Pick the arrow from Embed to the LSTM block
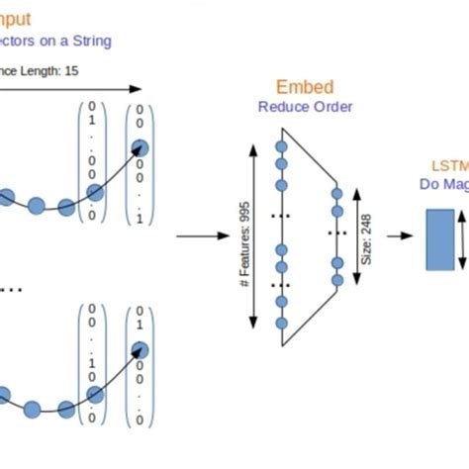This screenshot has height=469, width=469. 399,236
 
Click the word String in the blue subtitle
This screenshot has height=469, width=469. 87,41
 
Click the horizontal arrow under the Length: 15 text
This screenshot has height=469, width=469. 69,89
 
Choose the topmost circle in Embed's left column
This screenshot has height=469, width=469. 281,146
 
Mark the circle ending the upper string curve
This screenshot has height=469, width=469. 140,147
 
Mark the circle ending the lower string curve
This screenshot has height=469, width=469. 140,349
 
